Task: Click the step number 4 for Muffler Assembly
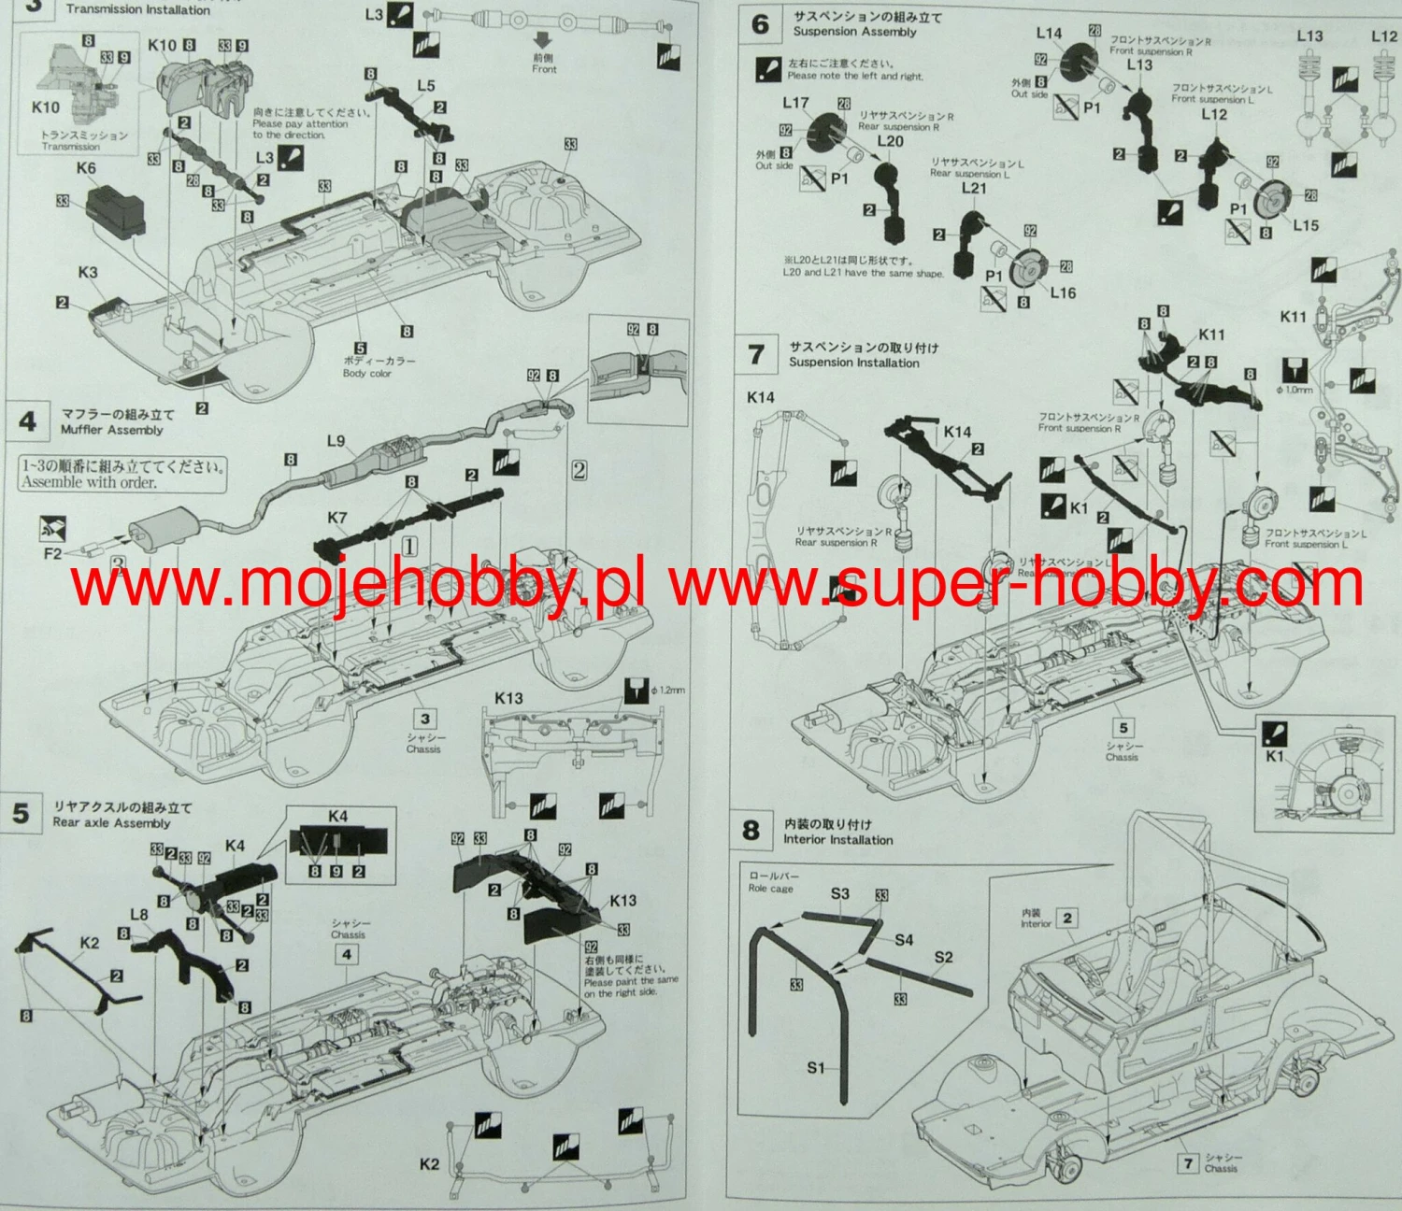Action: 28,421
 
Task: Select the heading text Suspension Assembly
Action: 854,32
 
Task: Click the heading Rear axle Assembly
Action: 111,823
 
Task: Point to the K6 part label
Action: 86,168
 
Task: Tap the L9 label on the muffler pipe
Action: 336,441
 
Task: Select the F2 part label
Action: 52,553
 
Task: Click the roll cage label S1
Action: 816,1067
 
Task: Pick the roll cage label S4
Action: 904,940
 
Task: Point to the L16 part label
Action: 1063,292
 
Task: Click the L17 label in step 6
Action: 795,103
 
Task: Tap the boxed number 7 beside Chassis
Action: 1189,1163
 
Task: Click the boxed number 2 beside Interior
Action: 1067,919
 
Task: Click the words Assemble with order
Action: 89,483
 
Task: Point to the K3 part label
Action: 88,273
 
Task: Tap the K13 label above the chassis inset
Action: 508,698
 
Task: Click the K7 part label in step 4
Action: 337,518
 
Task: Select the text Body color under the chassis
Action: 367,374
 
